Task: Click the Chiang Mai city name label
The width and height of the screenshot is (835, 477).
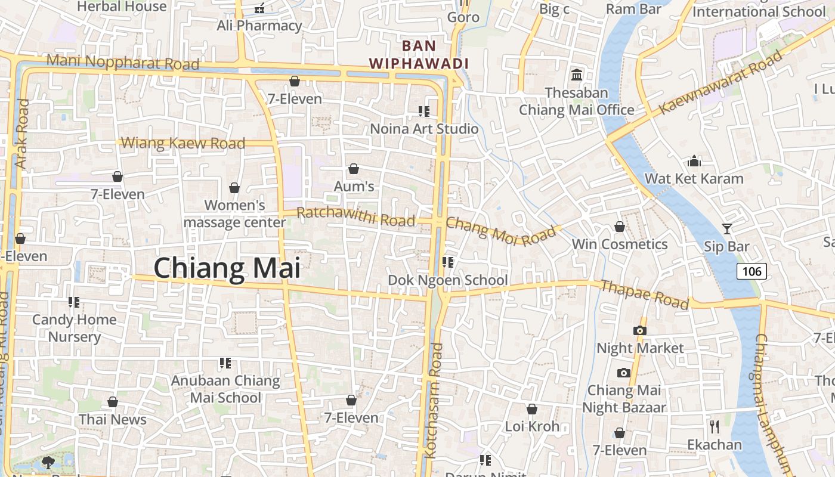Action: pyautogui.click(x=227, y=268)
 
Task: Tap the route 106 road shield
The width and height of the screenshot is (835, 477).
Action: pyautogui.click(x=751, y=271)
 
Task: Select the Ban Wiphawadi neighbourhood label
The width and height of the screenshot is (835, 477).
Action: pyautogui.click(x=419, y=54)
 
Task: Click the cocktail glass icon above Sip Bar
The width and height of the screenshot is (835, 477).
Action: pyautogui.click(x=726, y=228)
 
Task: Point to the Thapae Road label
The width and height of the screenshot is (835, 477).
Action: pyautogui.click(x=644, y=294)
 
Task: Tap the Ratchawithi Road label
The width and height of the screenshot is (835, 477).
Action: pyautogui.click(x=355, y=216)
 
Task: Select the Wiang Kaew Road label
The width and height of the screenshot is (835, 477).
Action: pyautogui.click(x=183, y=143)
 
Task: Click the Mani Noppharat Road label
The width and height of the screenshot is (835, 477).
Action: pyautogui.click(x=122, y=61)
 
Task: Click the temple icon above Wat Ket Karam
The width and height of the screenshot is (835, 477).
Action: pyautogui.click(x=694, y=161)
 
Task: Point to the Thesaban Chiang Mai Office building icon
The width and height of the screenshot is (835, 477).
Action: pyautogui.click(x=577, y=75)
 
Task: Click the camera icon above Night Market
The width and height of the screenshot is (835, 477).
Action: pyautogui.click(x=639, y=330)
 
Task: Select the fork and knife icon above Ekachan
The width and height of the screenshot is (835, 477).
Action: pyautogui.click(x=715, y=426)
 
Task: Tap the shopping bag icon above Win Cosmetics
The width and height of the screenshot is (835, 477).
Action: pyautogui.click(x=620, y=227)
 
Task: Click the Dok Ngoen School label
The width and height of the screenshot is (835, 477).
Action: pyautogui.click(x=448, y=280)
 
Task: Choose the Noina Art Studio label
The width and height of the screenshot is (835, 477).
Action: pyautogui.click(x=424, y=129)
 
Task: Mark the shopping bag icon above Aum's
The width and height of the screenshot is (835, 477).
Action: pyautogui.click(x=354, y=169)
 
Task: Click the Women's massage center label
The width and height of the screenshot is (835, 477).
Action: pyautogui.click(x=234, y=213)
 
